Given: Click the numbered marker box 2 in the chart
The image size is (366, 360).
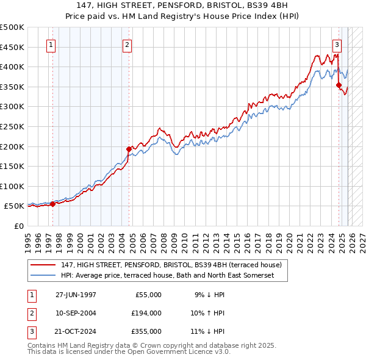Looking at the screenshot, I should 127,44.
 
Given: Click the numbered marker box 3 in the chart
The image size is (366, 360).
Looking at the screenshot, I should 336,44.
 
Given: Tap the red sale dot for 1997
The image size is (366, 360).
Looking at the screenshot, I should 52,204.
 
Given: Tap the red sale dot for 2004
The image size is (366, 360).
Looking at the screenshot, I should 129,148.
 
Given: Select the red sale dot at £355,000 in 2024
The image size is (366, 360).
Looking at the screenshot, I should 339,85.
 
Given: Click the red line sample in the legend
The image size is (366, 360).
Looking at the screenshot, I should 43,265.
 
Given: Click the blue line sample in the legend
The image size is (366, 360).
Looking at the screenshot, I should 43,276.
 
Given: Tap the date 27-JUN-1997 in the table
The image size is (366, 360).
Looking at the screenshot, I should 76,295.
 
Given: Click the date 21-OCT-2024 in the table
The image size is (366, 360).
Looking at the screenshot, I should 76,331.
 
